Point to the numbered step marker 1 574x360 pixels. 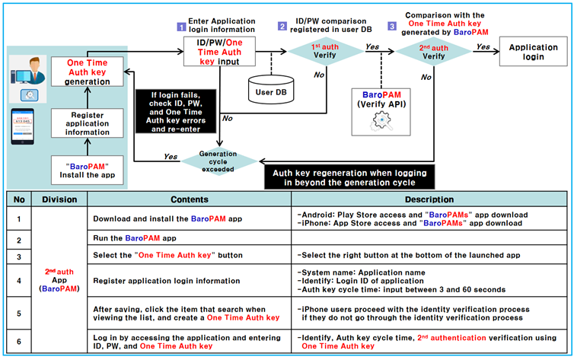[181, 26]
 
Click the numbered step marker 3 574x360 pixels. [392, 26]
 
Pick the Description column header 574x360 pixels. [430, 199]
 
